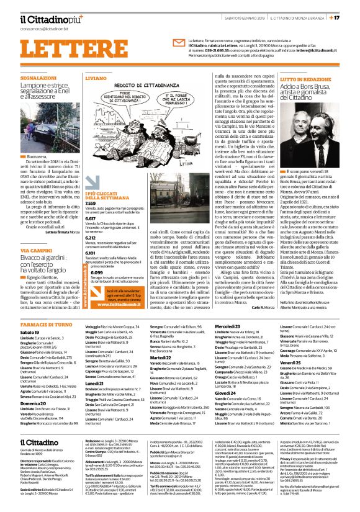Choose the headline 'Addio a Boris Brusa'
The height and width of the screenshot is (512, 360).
tap(302, 89)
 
